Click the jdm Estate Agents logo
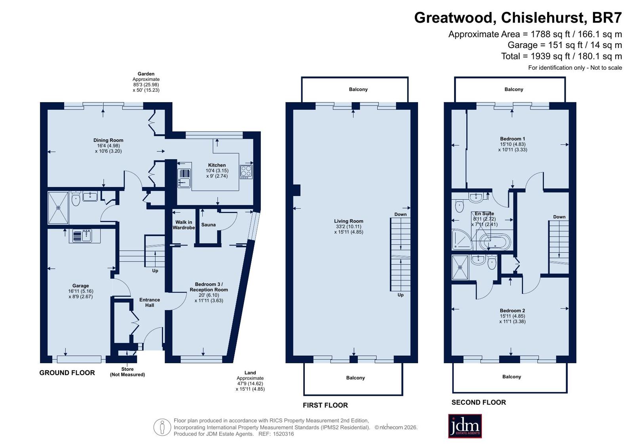coord(465,426)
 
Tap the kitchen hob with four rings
coord(246,172)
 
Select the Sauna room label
coord(208,225)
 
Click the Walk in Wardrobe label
coord(184,225)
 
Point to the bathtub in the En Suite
coord(495,242)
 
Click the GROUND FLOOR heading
coord(67,373)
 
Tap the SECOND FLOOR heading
coord(479,402)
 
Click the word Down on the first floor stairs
coord(401,214)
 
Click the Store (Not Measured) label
coord(127,372)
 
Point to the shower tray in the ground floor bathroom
coord(58,208)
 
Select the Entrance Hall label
coord(150,302)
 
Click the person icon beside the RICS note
coord(162,427)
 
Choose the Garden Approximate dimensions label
coord(146,82)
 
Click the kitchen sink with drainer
coord(184,178)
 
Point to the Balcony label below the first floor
coord(355,377)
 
